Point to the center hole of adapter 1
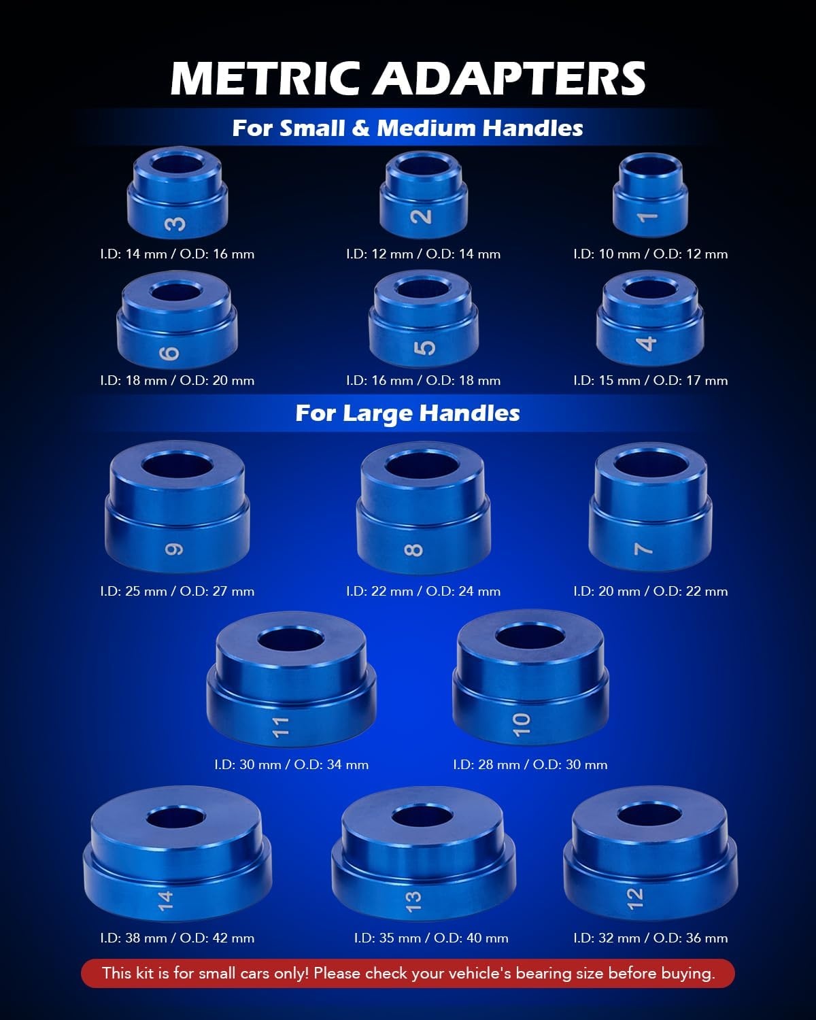click(x=651, y=165)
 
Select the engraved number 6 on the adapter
click(x=169, y=353)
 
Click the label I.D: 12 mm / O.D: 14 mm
click(x=423, y=254)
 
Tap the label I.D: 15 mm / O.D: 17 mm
click(x=651, y=380)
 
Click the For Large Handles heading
click(x=408, y=413)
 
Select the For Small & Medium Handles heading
click(x=408, y=128)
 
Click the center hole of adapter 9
click(x=177, y=465)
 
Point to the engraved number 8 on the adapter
click(x=413, y=550)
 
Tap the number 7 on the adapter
click(x=643, y=549)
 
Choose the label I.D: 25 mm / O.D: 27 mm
click(x=177, y=591)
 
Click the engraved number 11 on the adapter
click(x=281, y=727)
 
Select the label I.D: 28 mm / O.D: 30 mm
click(x=530, y=764)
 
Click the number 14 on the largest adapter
click(x=165, y=901)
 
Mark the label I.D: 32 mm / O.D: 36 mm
click(x=651, y=938)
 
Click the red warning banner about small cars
click(x=408, y=974)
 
